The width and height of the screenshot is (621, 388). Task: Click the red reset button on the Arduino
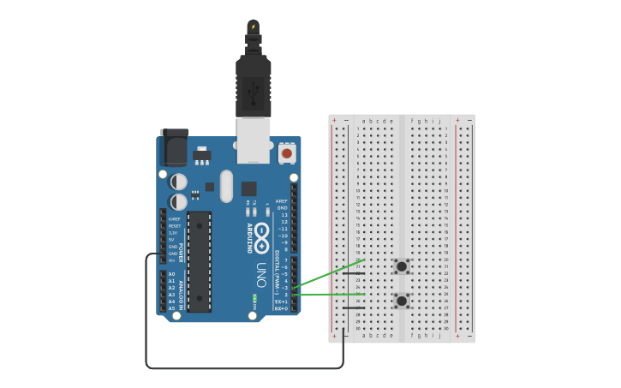click(286, 153)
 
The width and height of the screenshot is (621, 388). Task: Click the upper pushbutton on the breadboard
click(401, 266)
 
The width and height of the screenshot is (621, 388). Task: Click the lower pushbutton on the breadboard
click(401, 301)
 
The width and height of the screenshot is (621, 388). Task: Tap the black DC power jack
click(175, 148)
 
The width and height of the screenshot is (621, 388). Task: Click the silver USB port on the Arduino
click(254, 141)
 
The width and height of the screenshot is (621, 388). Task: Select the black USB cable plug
click(254, 86)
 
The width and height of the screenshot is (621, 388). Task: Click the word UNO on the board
click(261, 274)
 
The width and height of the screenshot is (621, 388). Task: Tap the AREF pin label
click(282, 201)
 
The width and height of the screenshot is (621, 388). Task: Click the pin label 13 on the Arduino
click(284, 215)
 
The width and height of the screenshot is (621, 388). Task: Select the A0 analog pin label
click(171, 274)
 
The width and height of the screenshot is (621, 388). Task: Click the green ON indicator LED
click(254, 299)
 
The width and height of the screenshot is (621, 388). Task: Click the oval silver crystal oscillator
click(226, 185)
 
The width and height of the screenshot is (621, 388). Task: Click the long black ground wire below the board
click(244, 368)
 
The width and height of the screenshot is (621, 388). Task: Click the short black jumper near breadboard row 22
click(354, 273)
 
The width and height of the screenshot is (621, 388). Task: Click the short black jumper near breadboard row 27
click(354, 307)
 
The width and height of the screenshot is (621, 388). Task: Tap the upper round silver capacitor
click(179, 182)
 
